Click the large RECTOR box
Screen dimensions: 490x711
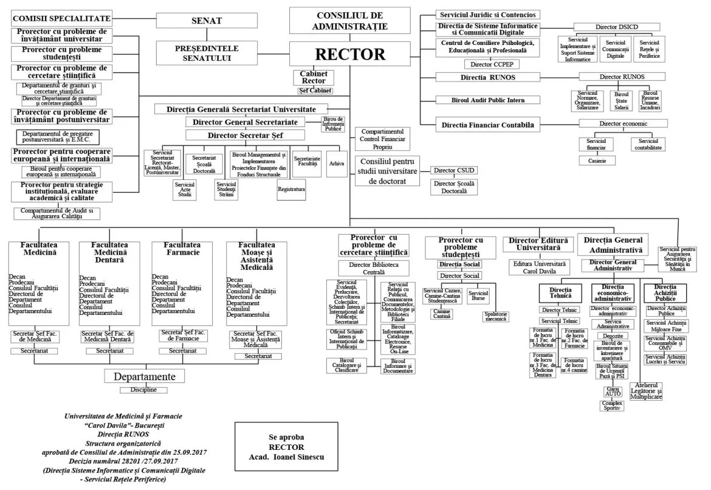click(x=349, y=54)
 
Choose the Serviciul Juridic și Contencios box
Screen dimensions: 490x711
click(x=488, y=15)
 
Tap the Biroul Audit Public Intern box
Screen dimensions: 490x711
click(x=488, y=100)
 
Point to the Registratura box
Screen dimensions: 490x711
click(x=291, y=189)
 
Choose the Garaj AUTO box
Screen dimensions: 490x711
click(x=612, y=392)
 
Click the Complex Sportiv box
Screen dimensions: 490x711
click(x=612, y=405)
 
